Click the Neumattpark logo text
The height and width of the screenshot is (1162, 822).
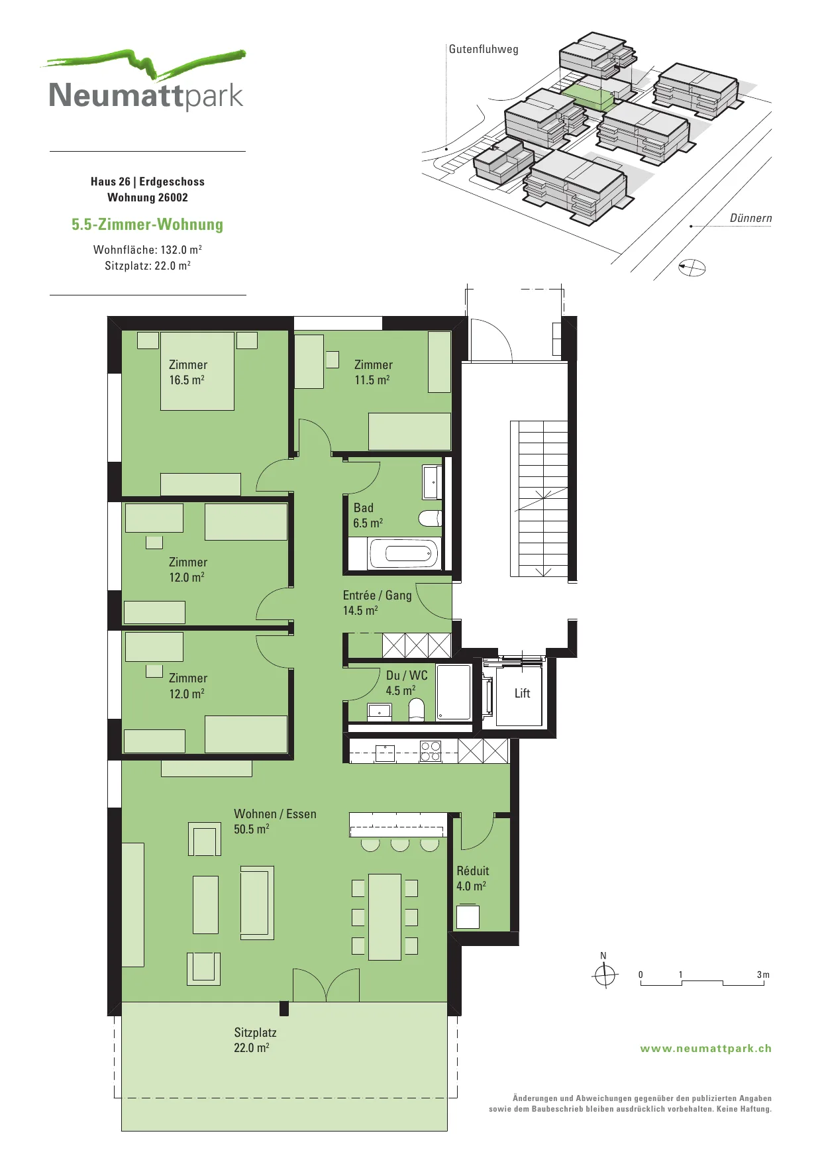(x=146, y=95)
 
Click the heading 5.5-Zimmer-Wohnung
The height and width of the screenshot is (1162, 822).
(x=147, y=225)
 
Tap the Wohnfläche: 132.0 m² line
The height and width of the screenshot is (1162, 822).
(x=147, y=250)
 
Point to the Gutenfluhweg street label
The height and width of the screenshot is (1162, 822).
(x=484, y=49)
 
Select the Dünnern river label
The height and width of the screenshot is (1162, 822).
(x=750, y=218)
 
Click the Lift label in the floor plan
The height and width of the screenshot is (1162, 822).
(x=522, y=693)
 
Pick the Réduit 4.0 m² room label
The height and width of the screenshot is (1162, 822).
(x=472, y=878)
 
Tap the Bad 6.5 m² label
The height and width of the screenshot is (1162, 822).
(x=368, y=515)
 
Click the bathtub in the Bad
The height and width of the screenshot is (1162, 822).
(x=403, y=553)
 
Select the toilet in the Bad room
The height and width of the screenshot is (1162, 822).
(x=430, y=517)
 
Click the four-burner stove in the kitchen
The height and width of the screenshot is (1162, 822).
(x=431, y=751)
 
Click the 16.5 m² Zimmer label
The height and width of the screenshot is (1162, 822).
(x=188, y=372)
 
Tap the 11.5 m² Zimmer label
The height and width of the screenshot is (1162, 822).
(x=374, y=372)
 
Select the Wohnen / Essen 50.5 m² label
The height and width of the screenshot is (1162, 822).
(x=275, y=821)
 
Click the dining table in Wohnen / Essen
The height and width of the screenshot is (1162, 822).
(x=385, y=917)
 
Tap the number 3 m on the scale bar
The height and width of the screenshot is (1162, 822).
(x=763, y=975)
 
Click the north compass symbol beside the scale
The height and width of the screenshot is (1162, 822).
(x=604, y=975)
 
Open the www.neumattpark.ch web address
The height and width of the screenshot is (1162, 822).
(x=705, y=1049)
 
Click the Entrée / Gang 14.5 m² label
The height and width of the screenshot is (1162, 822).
(x=377, y=603)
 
